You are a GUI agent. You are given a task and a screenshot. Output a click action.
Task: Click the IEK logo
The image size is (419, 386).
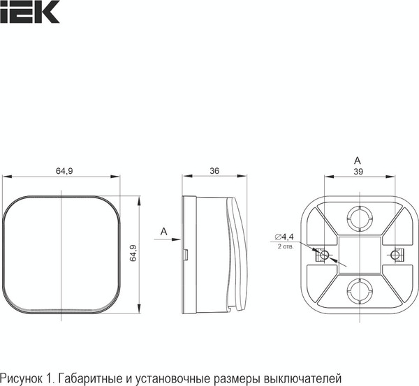click(29, 12)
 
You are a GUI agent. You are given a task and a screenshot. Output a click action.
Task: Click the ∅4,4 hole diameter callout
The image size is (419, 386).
click(284, 237)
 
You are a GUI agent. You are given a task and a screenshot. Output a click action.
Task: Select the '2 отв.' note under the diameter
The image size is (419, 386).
click(285, 246)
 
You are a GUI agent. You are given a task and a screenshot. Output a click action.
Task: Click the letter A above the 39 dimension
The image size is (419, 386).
click(357, 159)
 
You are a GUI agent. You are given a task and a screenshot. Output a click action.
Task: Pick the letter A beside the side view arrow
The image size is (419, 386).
click(163, 230)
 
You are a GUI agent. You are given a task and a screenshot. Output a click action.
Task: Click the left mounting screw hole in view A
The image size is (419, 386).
click(322, 255)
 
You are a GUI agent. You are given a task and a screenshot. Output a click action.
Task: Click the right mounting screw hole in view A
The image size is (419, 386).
click(395, 255)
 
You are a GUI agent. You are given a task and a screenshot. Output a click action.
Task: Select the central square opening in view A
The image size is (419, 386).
click(358, 254)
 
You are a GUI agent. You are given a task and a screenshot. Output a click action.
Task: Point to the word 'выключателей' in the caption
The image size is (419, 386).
click(304, 378)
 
